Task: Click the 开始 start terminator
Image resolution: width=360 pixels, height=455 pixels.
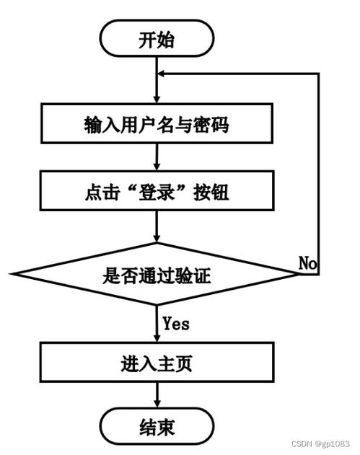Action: (x=157, y=39)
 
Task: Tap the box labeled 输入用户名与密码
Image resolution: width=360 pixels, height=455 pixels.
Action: (x=157, y=125)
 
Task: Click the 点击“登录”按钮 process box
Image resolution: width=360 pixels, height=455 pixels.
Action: (x=157, y=193)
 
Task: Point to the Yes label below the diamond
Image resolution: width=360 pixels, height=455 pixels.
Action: (x=176, y=324)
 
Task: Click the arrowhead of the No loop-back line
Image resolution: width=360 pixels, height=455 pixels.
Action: (x=163, y=74)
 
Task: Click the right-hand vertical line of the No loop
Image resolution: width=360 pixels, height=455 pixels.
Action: (x=318, y=173)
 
